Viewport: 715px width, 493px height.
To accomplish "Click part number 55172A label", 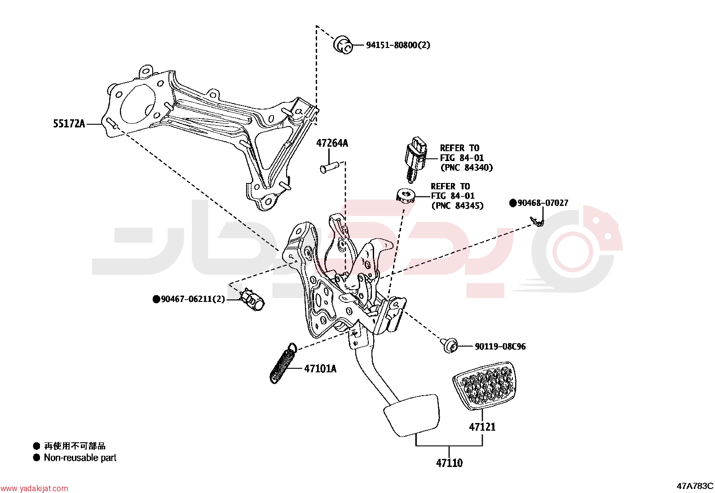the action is (69, 123).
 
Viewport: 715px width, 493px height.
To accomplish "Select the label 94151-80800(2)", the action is (398, 45).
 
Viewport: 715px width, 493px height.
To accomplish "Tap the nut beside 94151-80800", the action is (343, 45).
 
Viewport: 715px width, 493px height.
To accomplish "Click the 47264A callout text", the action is (332, 143).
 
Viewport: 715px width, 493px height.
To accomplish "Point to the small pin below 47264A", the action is (329, 167).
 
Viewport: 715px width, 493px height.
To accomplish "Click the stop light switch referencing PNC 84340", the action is (415, 159).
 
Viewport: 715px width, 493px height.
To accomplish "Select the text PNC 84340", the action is (467, 167).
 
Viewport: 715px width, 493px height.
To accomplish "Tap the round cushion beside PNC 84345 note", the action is (406, 195).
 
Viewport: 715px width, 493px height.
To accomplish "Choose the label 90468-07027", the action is (543, 203).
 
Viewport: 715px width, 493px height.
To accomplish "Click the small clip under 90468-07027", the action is (537, 221).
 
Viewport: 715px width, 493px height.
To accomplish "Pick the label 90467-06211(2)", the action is (193, 299).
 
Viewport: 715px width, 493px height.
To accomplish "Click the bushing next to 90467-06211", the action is (253, 300).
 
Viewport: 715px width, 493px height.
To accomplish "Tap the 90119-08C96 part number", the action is (500, 346).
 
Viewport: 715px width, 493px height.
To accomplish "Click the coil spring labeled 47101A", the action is (283, 363).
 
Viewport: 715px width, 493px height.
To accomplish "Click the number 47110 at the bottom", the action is (449, 462).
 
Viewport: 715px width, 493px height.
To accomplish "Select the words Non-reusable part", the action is (80, 458).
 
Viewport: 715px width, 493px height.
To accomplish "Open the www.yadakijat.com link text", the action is (34, 488).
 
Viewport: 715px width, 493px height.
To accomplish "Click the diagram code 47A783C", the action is (695, 486).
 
